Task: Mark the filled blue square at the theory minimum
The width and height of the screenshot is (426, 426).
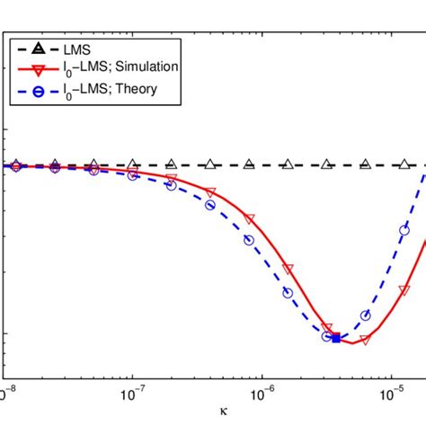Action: point(336,339)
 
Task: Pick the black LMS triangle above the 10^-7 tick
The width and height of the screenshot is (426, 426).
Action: point(132,164)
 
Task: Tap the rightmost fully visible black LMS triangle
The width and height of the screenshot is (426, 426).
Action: point(404,164)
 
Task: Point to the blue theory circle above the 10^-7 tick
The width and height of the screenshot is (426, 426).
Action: point(132,175)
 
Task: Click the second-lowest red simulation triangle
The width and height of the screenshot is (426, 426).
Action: point(326,328)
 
